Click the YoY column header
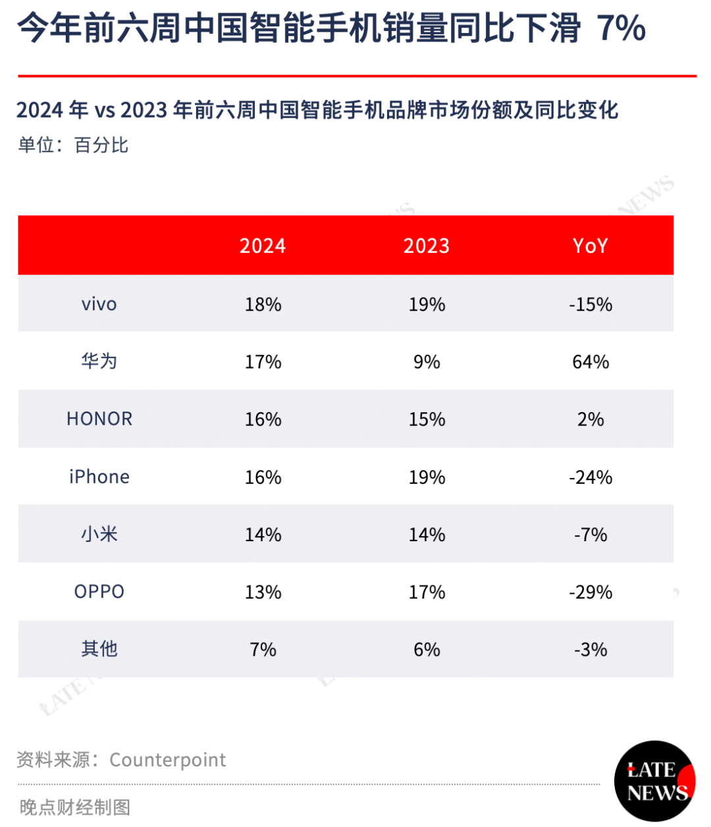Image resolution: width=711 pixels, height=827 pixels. tap(590, 245)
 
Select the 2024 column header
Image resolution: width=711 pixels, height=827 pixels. tap(263, 245)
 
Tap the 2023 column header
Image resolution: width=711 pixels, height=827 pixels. tap(426, 245)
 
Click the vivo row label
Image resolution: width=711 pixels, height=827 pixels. tap(99, 304)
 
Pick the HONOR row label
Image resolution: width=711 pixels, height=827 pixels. tap(99, 419)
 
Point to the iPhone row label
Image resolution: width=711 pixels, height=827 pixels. tap(99, 476)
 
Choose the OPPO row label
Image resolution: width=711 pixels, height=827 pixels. tap(99, 591)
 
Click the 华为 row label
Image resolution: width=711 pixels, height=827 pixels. tap(99, 361)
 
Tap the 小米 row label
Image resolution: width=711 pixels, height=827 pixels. tap(99, 534)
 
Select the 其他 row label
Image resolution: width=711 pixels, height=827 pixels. tap(99, 649)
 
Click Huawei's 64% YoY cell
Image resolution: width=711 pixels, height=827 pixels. tap(590, 361)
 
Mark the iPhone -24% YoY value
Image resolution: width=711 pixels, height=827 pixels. tap(590, 477)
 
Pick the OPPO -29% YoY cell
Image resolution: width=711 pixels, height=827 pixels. tap(590, 592)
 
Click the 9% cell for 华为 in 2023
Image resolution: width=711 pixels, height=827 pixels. tap(427, 361)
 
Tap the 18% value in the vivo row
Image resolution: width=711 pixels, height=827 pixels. tap(263, 304)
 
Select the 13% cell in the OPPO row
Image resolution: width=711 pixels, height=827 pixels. tap(263, 592)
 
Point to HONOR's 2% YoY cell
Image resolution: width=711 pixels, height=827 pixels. tap(590, 419)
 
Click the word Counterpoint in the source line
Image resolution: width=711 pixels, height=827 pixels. tap(168, 760)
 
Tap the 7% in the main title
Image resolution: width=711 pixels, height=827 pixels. tap(621, 28)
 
